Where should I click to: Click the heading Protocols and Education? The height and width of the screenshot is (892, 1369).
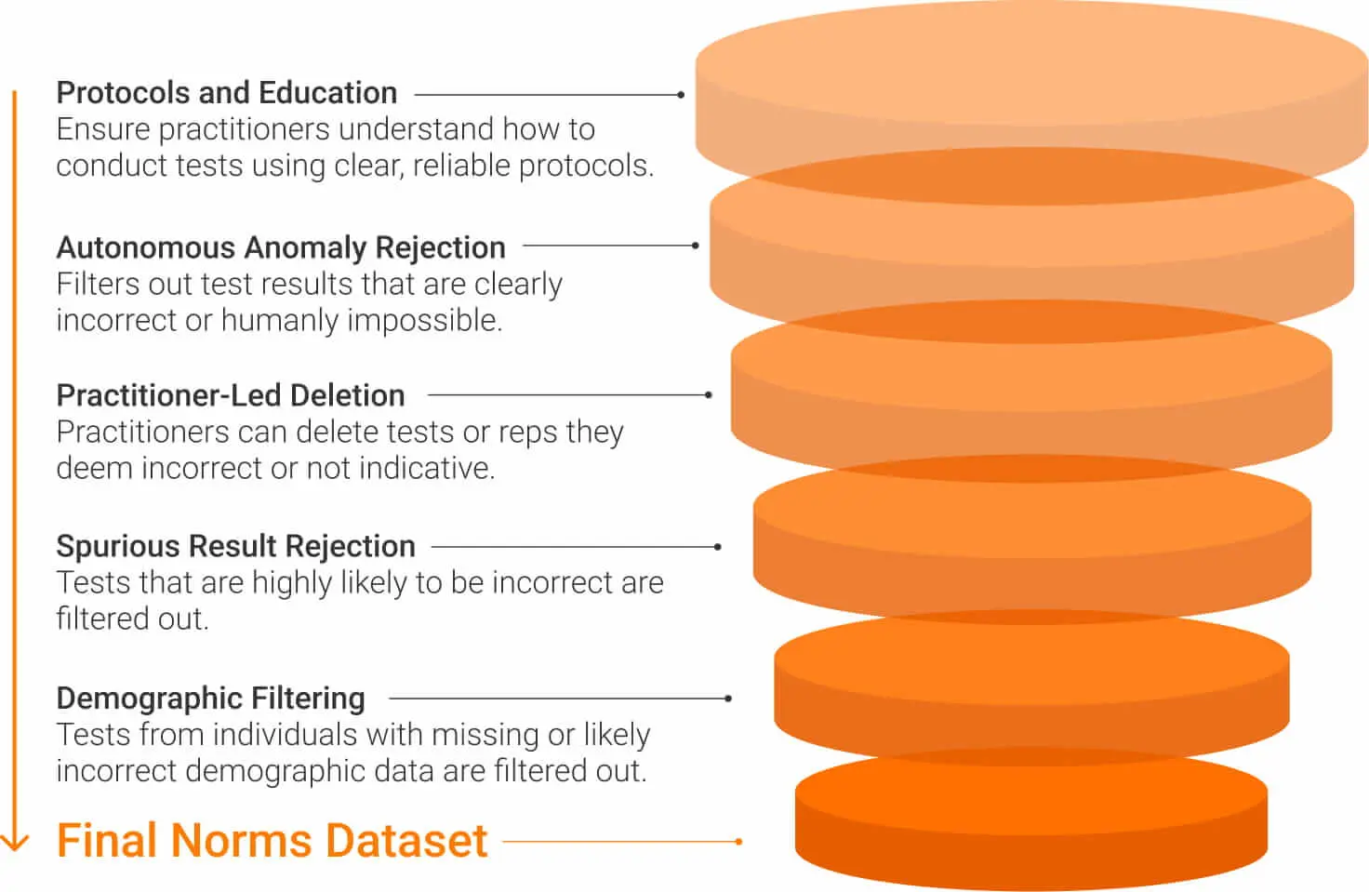227,94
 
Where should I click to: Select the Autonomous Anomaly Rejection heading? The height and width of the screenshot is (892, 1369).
281,248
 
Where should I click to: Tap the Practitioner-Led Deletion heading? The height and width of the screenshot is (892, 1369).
231,395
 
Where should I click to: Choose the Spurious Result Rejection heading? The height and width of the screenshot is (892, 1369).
236,547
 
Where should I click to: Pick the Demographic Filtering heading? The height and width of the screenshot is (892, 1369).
211,699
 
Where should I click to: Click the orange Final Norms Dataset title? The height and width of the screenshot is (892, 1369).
272,841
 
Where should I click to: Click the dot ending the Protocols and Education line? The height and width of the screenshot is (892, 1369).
681,95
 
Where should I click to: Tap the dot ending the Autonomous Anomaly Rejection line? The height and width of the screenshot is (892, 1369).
696,246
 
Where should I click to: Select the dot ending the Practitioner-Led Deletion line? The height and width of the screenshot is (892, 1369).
709,395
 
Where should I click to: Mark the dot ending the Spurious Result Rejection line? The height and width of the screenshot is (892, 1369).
717,547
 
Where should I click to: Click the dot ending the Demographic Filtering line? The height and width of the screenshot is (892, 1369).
728,699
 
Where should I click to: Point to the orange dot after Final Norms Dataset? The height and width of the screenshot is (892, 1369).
738,842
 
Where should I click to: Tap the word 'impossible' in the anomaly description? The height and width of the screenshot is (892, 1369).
422,321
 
